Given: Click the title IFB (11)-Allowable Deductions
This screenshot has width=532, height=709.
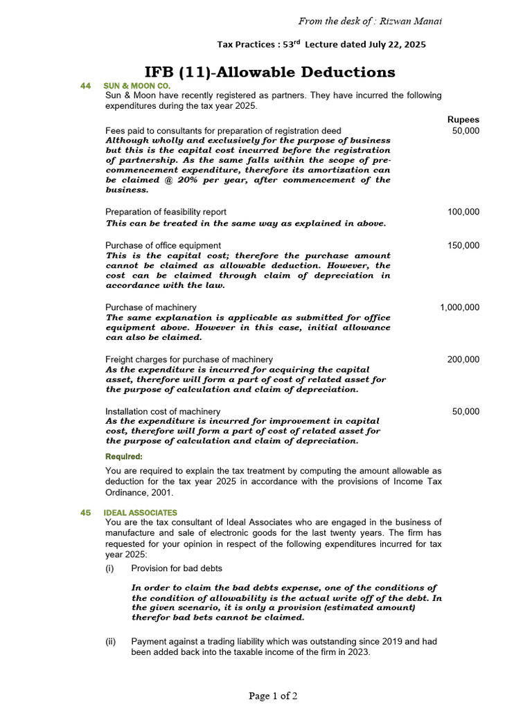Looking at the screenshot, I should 269,72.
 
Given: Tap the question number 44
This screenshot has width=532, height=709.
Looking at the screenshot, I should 86,86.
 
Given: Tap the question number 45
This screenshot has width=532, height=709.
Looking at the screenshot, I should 86,512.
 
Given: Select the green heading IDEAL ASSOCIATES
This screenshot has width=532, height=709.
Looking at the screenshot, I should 140,512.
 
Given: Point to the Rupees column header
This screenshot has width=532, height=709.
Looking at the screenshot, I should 463,119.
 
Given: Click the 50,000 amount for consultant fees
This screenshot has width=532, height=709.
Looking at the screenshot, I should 465,130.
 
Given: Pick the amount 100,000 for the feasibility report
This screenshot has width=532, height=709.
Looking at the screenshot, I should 463,212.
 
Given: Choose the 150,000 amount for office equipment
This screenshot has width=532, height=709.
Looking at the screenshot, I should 463,245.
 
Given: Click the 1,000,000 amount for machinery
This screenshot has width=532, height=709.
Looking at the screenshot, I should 459,307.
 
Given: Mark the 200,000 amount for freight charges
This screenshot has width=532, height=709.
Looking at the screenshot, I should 463,359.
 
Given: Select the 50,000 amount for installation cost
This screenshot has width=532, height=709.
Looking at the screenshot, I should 465,411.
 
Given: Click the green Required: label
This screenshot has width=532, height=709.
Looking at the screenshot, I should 124,457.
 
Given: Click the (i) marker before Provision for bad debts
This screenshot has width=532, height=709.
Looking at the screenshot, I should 109,568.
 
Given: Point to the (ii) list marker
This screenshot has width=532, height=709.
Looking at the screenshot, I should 110,641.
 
